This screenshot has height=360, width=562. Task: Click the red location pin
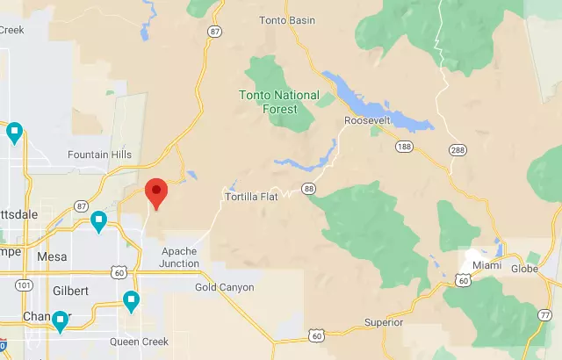point(156,192)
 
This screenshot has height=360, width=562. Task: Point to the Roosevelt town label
point(367,120)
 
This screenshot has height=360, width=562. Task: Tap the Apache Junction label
point(178,257)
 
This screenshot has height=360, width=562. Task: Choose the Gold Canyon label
point(224,287)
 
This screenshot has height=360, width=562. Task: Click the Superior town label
point(384,322)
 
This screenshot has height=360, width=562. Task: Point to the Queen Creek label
point(137,342)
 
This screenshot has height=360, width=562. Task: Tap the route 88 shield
point(308,188)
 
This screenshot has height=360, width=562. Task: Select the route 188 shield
point(403,146)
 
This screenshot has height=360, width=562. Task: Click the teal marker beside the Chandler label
point(61,321)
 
